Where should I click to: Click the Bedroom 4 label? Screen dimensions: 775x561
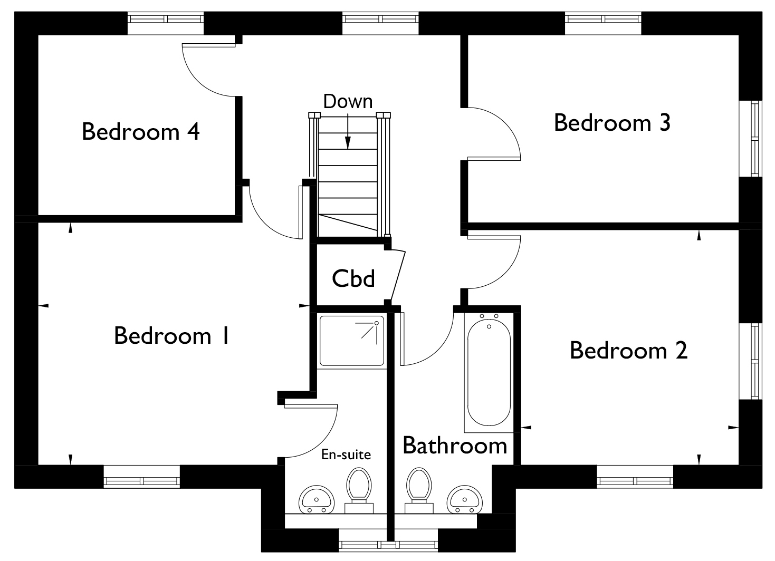point(141,132)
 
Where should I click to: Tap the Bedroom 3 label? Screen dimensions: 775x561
point(612,123)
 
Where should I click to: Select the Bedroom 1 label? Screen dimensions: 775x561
point(171,336)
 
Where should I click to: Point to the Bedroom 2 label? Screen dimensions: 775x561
point(629,351)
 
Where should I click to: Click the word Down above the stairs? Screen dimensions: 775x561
point(348,101)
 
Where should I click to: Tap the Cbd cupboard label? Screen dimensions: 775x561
point(353,278)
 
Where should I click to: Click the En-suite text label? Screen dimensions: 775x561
point(346,454)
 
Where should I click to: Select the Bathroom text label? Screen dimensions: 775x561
point(455,446)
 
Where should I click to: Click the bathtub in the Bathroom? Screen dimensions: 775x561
point(489,373)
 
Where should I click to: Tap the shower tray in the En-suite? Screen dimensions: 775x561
point(352,341)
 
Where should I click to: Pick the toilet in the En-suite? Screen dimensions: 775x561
point(359,490)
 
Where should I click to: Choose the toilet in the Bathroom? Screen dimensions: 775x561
point(419,490)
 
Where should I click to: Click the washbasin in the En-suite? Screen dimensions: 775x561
point(317,500)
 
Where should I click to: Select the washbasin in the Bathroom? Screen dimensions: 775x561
point(465,500)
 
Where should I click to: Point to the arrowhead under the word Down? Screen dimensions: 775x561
point(348,143)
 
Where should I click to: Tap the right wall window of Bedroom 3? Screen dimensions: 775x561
point(750,139)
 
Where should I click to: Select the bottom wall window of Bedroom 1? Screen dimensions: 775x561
point(142,477)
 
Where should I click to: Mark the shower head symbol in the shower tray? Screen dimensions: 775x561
point(377,323)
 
